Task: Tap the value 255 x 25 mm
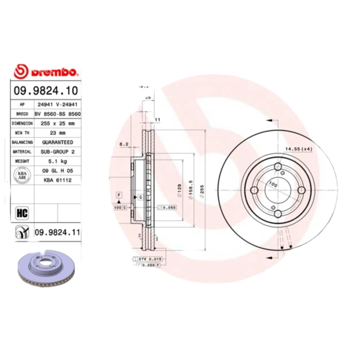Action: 58,123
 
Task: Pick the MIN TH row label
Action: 22,133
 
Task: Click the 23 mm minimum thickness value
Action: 58,133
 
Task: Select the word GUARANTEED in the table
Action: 58,142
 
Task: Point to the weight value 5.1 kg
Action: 58,161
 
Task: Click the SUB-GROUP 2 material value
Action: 58,152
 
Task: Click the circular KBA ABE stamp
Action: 22,175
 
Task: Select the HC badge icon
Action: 22,211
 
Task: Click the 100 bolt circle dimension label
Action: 273,184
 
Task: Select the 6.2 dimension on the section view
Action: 125,144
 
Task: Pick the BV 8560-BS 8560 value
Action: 58,114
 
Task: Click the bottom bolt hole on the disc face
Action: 278,214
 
